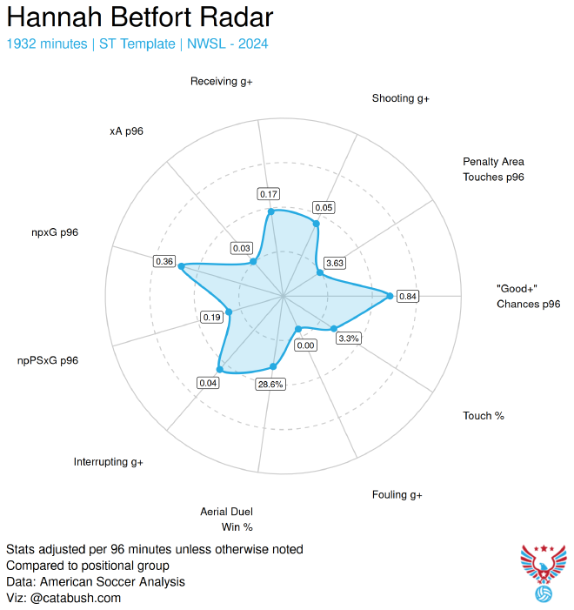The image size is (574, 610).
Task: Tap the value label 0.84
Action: [408, 297]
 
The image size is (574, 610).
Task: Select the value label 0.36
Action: [164, 261]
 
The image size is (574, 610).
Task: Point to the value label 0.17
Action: [270, 193]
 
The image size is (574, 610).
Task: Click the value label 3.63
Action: [335, 263]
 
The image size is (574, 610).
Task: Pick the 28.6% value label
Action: [270, 385]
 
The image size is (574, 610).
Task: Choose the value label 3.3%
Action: [349, 339]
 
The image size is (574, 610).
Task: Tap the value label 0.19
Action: [211, 318]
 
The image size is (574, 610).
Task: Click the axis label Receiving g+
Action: [221, 82]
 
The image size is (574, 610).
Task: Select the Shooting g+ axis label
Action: [401, 99]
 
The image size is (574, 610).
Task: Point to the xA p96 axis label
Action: [126, 131]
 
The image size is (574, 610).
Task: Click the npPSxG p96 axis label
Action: [48, 360]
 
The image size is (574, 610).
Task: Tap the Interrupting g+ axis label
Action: [109, 462]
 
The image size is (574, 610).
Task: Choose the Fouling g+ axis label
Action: [397, 495]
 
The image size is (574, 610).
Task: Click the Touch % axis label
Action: [484, 416]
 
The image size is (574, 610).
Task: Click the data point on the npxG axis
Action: [181, 267]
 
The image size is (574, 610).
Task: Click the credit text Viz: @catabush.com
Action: [63, 598]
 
